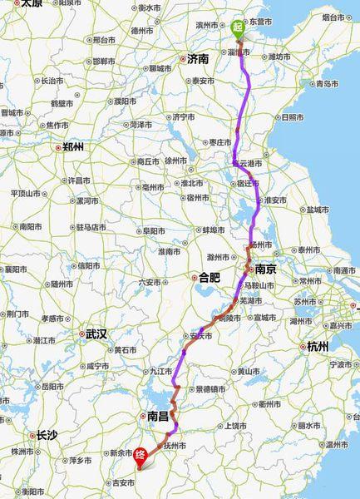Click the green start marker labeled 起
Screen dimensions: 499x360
coord(238,27)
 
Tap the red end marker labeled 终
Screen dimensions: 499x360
coord(141,455)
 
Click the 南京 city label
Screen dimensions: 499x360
coord(265,269)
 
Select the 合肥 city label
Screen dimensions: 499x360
coord(208,277)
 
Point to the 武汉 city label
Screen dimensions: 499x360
coord(96,333)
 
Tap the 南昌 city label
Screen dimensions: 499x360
coord(157,415)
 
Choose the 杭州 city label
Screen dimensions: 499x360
coord(318,346)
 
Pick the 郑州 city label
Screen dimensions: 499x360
coord(72,147)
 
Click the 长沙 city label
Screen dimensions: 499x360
coord(47,434)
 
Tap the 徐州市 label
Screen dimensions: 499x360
coord(174,161)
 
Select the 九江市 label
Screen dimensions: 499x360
coord(160,370)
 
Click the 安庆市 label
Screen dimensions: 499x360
coord(201,336)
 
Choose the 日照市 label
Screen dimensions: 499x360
coord(292,117)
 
